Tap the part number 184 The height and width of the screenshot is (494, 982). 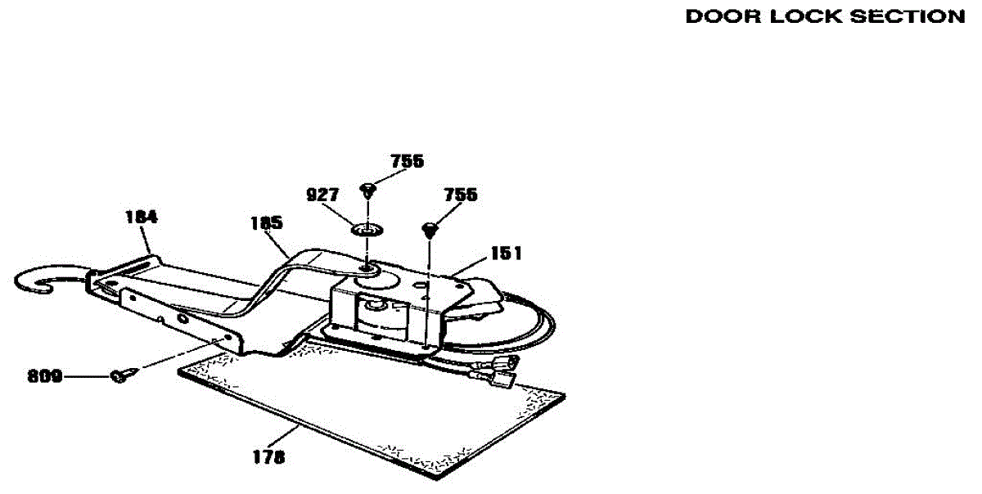click(x=141, y=218)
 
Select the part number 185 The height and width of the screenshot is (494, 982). click(x=267, y=222)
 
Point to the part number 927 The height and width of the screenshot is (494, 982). click(x=322, y=195)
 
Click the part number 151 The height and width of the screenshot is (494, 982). click(x=506, y=254)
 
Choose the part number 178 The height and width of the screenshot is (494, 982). click(x=268, y=458)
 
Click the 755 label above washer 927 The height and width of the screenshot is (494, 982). click(x=407, y=161)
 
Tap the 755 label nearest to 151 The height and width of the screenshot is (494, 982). click(x=461, y=195)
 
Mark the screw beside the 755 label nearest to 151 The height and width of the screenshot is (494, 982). click(x=429, y=228)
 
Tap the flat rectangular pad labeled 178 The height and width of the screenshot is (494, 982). click(x=368, y=409)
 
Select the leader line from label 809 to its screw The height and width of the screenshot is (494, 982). click(x=86, y=376)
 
